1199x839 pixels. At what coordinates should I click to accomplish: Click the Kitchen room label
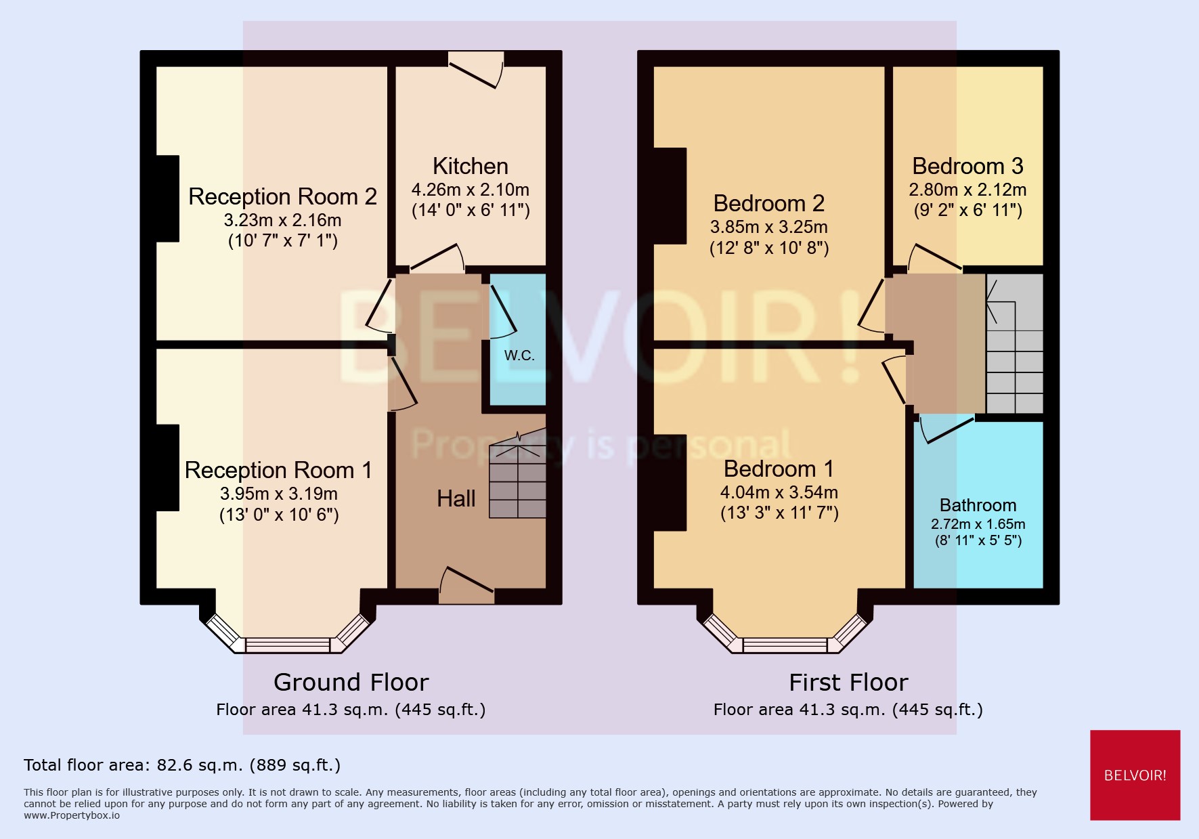point(470,166)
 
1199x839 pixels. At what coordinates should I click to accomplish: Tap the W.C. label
point(519,356)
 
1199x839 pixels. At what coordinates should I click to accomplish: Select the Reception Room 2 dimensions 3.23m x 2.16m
point(282,220)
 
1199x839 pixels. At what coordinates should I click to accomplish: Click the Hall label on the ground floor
point(456,498)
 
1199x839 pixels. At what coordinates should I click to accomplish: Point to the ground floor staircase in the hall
point(518,481)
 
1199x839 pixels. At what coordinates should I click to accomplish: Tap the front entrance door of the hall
point(466,586)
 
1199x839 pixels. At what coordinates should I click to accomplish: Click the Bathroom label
point(978,505)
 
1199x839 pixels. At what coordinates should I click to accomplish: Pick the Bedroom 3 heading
point(967,166)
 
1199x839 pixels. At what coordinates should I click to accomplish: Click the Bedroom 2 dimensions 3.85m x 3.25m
point(768,227)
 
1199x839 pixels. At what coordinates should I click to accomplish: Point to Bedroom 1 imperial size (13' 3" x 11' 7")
point(779,513)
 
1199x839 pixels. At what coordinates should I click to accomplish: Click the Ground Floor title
point(351,682)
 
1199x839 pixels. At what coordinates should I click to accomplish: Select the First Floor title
point(848,682)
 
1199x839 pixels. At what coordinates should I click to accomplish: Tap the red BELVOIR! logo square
point(1135,775)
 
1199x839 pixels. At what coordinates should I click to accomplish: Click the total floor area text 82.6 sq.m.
point(181,765)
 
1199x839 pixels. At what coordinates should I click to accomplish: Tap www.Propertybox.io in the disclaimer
point(72,815)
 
